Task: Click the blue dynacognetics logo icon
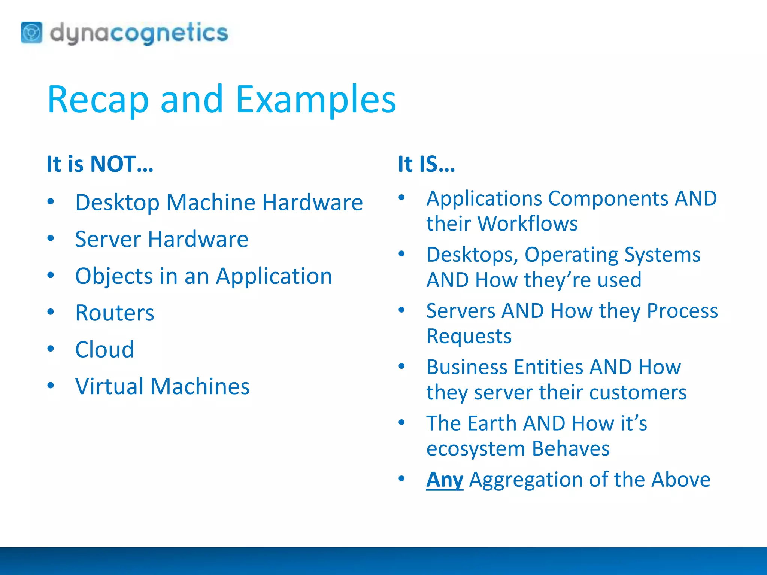pyautogui.click(x=31, y=33)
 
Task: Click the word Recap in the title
pyautogui.click(x=98, y=100)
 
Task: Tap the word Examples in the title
pyautogui.click(x=316, y=100)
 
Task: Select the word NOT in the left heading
pyautogui.click(x=113, y=164)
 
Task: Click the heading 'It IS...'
pyautogui.click(x=426, y=164)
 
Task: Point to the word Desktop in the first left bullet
pyautogui.click(x=117, y=203)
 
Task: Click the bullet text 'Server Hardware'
pyautogui.click(x=161, y=239)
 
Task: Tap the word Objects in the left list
pyautogui.click(x=114, y=276)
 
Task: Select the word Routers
pyautogui.click(x=115, y=313)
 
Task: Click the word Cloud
pyautogui.click(x=104, y=350)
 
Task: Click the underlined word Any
pyautogui.click(x=445, y=480)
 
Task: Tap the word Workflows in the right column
pyautogui.click(x=528, y=223)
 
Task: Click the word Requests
pyautogui.click(x=469, y=336)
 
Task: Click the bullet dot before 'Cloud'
pyautogui.click(x=51, y=349)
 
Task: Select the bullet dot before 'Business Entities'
pyautogui.click(x=402, y=366)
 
